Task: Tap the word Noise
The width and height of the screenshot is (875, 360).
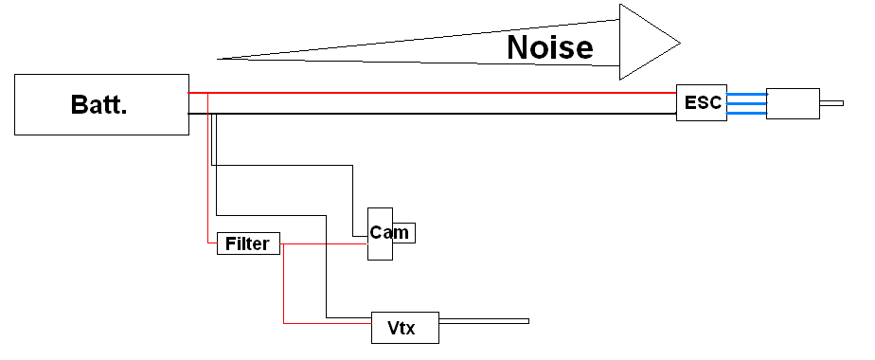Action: point(549,46)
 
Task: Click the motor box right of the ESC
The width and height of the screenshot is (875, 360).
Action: point(794,103)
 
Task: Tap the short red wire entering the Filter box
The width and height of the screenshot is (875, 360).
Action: point(212,243)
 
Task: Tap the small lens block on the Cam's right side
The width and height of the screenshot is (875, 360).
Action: point(404,233)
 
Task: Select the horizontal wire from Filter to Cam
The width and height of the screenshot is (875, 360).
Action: point(322,244)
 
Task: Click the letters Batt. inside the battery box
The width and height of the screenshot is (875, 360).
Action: point(99,104)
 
